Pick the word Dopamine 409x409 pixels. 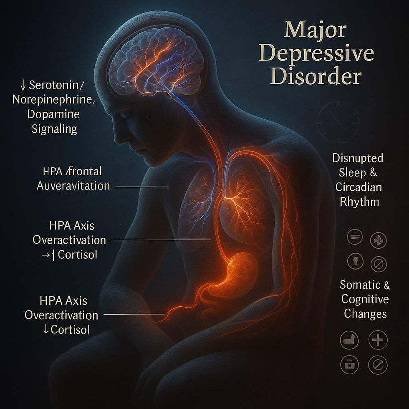(x=56, y=114)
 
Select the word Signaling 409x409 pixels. (x=55, y=128)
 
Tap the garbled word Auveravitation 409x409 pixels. (x=73, y=185)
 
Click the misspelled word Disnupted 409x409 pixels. (x=358, y=159)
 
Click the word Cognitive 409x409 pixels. (x=365, y=299)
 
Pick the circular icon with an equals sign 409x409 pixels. (x=355, y=238)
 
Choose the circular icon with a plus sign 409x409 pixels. (x=378, y=340)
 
